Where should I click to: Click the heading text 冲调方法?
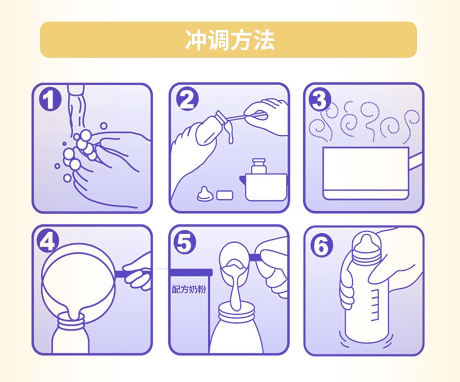click(229, 40)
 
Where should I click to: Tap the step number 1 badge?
click(50, 100)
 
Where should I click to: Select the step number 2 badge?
click(187, 100)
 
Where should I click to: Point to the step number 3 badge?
click(320, 100)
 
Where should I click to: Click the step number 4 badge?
click(48, 242)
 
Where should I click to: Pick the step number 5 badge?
click(184, 243)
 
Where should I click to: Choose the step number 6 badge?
click(322, 245)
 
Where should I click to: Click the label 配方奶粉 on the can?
click(189, 290)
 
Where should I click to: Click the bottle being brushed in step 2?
click(208, 129)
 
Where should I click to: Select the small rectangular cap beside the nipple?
click(225, 195)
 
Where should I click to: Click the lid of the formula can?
click(190, 272)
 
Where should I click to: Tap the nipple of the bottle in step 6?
click(366, 244)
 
